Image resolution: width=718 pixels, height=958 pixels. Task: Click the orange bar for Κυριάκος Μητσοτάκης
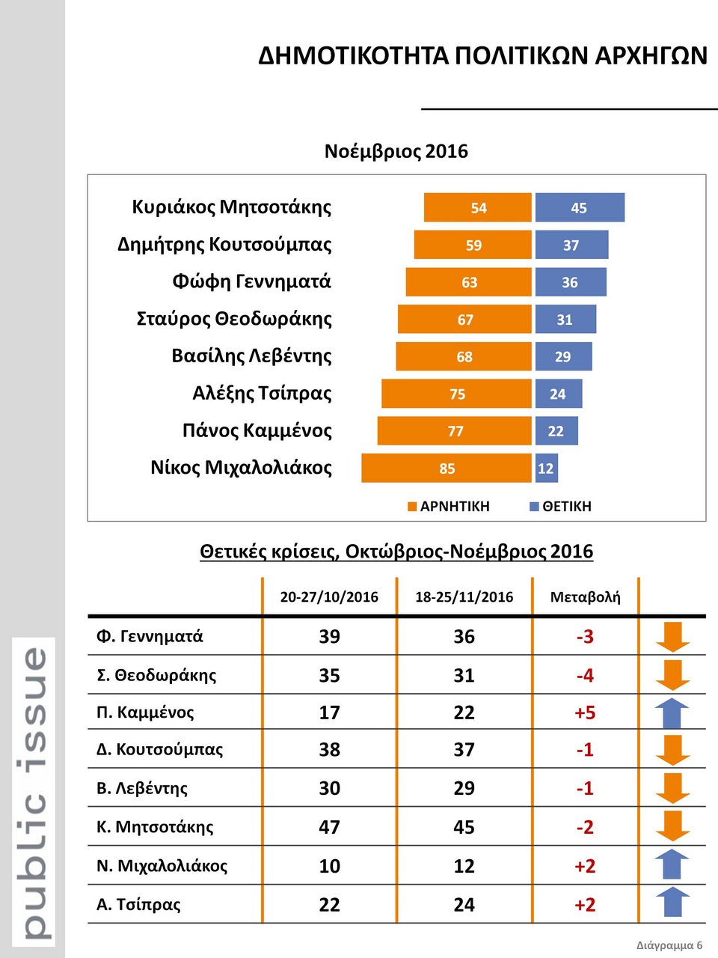click(477, 207)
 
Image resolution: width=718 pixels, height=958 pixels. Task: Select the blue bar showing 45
click(580, 207)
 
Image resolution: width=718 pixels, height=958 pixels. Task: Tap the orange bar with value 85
click(447, 469)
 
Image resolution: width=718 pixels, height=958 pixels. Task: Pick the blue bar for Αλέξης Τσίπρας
click(558, 394)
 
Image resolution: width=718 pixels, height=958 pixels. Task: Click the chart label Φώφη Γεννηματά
click(251, 281)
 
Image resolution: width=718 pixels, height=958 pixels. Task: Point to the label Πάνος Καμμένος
click(257, 430)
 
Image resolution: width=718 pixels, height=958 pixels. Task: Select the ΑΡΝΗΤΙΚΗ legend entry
click(449, 507)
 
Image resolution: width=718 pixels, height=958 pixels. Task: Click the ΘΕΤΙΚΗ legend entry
click(560, 507)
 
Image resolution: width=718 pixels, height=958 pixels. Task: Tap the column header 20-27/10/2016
click(329, 597)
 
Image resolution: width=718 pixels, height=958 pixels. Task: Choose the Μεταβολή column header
click(585, 597)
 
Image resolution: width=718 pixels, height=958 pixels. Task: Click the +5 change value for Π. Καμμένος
click(585, 713)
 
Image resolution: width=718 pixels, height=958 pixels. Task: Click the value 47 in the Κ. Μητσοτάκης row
click(329, 827)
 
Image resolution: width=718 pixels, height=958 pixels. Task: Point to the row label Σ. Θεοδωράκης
click(156, 675)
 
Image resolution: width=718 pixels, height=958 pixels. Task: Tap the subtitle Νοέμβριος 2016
click(396, 151)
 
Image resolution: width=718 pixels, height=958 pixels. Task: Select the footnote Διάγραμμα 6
click(669, 945)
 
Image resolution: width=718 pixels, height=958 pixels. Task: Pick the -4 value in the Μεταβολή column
click(585, 675)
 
